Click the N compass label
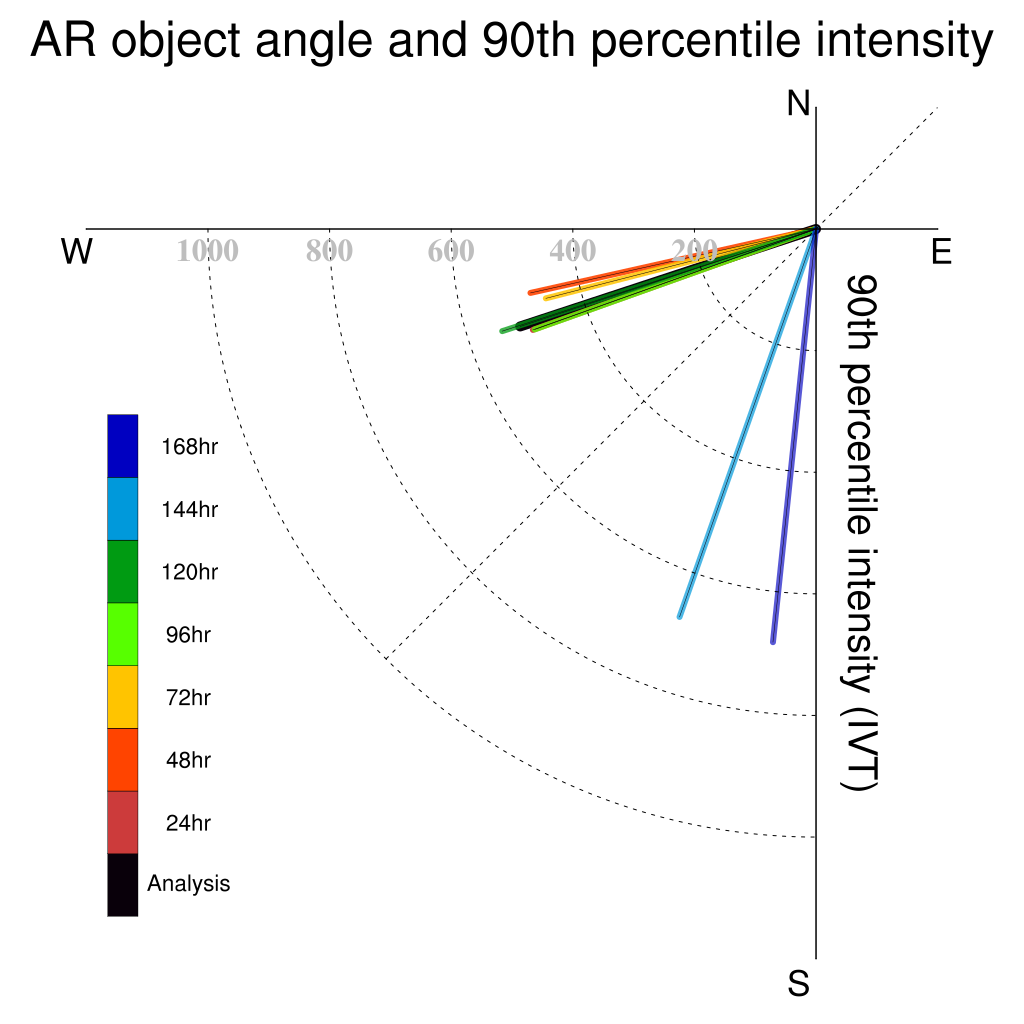[x=798, y=103]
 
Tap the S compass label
[x=799, y=983]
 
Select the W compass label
[x=77, y=251]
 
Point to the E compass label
[x=941, y=251]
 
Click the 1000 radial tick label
[x=208, y=251]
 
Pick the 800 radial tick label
[x=329, y=251]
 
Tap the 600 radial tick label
[x=451, y=251]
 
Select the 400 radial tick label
[x=573, y=251]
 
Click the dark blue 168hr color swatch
[x=123, y=446]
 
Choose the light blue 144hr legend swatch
[x=123, y=509]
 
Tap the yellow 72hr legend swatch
[x=123, y=697]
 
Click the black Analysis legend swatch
[x=123, y=885]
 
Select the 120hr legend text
[x=189, y=572]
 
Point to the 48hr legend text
[x=188, y=760]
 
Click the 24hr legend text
[x=188, y=823]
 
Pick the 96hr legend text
[x=188, y=635]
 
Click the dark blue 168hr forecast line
[x=794, y=436]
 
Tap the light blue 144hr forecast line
[x=748, y=423]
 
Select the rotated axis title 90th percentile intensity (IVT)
[x=860, y=533]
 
